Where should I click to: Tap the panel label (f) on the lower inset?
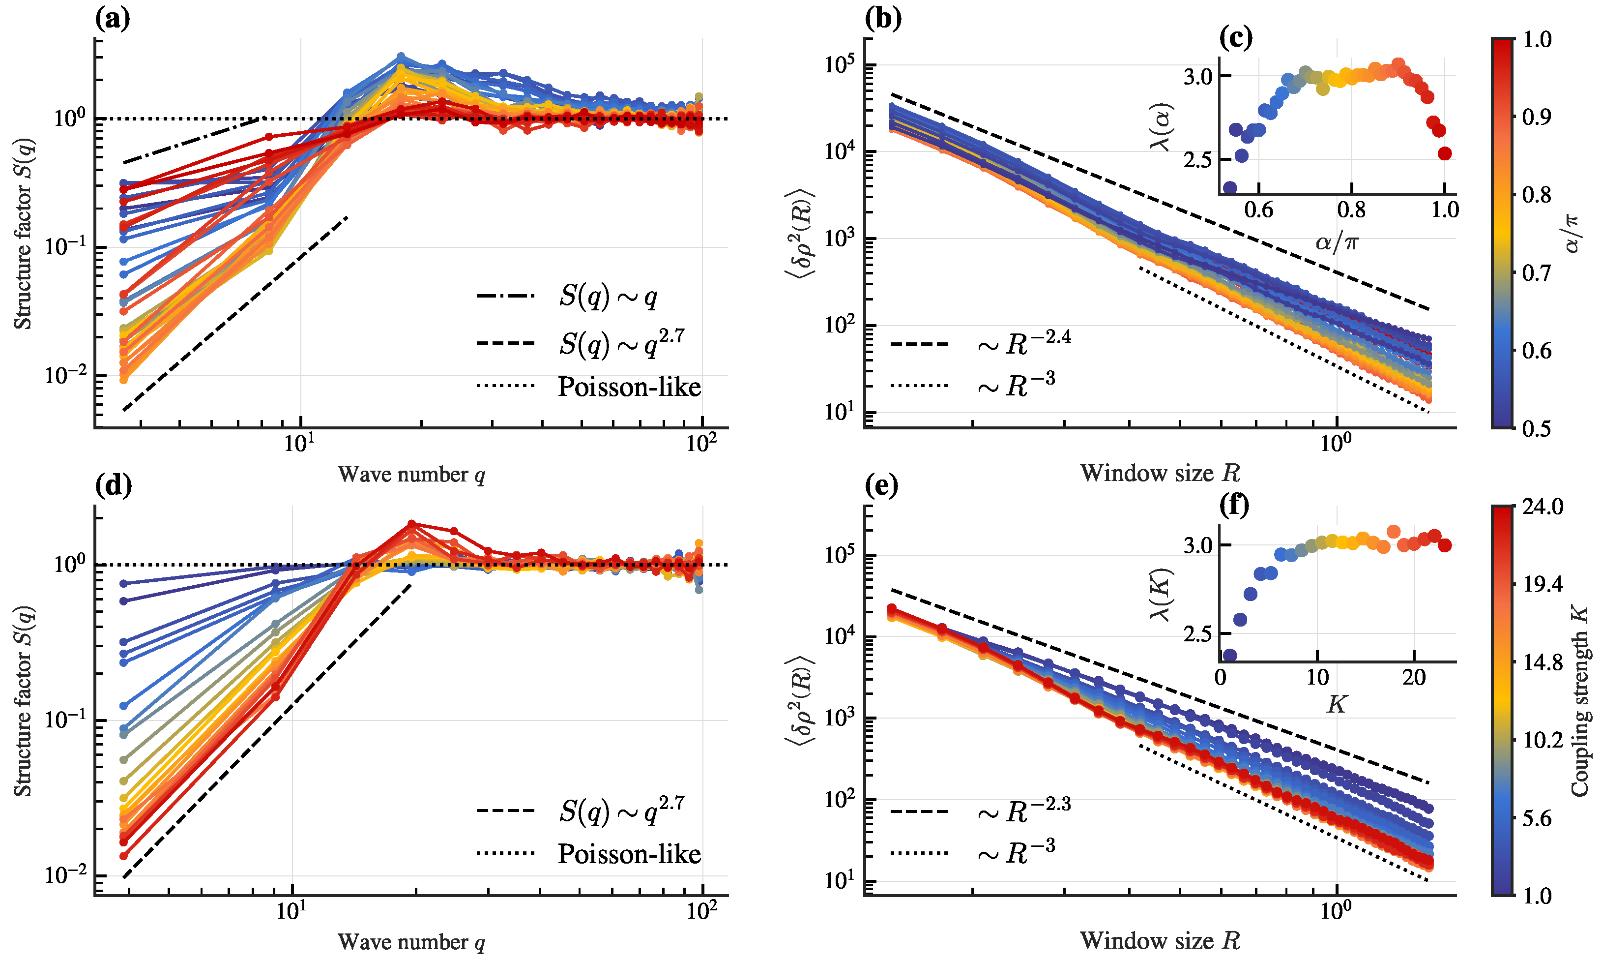pos(1234,505)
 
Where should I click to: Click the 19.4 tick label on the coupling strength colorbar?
pos(1541,585)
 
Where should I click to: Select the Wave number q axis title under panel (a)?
pos(411,475)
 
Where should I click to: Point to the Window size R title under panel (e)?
pos(1159,940)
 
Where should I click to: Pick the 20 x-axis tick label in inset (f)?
pos(1414,677)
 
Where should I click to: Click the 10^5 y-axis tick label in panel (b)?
pos(840,65)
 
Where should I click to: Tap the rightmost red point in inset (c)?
pos(1445,153)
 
